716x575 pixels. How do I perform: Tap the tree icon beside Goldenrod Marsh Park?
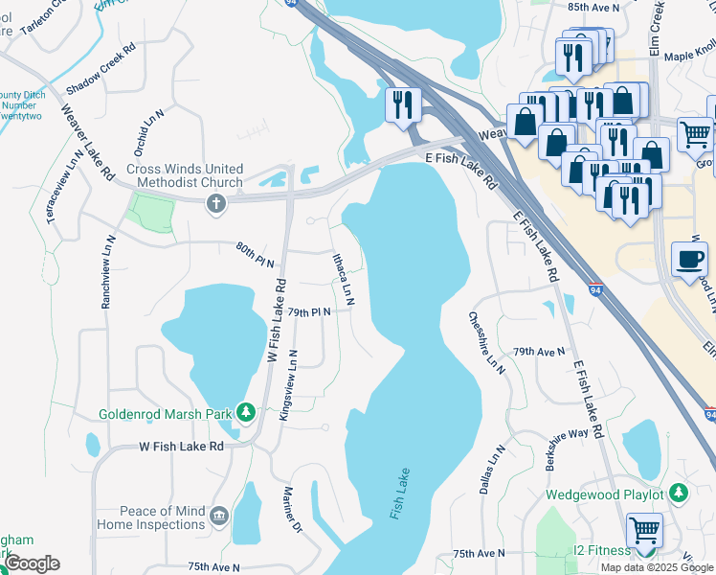pos(246,413)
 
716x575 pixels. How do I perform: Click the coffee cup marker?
pos(689,259)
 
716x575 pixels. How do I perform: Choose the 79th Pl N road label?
pos(308,312)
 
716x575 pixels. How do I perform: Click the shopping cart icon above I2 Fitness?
pos(644,529)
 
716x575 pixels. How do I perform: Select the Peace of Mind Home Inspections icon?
pos(219,517)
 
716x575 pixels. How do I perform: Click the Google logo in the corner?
pos(32,563)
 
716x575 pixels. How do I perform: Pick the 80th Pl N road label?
pos(256,255)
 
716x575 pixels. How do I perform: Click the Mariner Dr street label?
pos(292,510)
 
